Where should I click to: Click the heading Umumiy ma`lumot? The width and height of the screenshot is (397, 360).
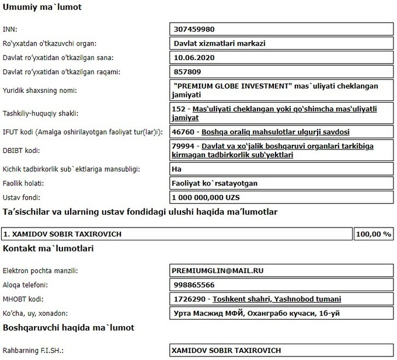point(43,8)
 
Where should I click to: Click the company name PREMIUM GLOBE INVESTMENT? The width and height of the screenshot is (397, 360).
point(234,86)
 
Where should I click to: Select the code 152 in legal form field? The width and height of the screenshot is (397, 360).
point(180,109)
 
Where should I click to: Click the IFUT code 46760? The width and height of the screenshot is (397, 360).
point(185,132)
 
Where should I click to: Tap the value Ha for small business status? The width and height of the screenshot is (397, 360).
point(178,169)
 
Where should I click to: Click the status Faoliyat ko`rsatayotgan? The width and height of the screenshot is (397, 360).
point(215,183)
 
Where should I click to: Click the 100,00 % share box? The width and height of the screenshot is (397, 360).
point(373,234)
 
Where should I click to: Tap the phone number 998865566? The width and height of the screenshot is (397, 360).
point(193,285)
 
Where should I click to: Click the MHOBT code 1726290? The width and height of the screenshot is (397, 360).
point(190,299)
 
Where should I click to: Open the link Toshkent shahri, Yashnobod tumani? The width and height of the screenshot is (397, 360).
point(277,299)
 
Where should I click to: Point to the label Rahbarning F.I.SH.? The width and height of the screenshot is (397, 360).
point(33,351)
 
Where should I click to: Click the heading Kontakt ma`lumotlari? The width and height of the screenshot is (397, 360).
point(48,249)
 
